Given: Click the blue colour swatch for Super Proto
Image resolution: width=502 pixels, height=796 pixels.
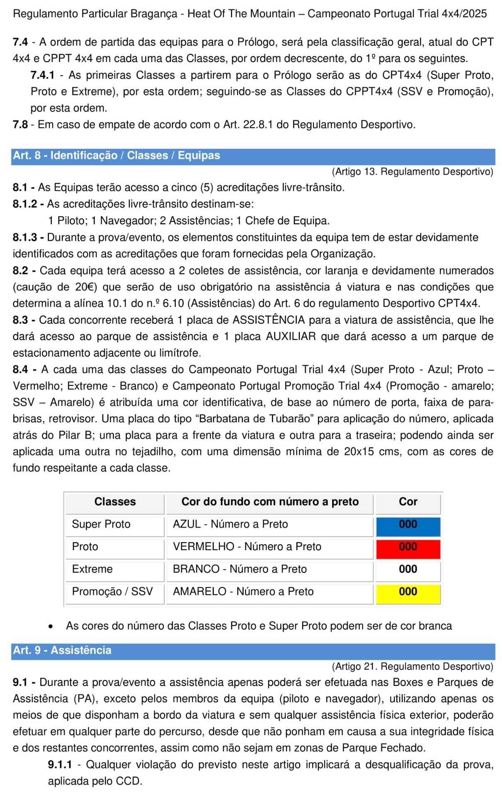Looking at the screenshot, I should [x=408, y=527].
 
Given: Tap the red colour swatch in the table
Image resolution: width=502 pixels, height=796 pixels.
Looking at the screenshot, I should [x=408, y=549].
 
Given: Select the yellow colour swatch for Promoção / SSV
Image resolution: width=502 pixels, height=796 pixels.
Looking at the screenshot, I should [x=408, y=594].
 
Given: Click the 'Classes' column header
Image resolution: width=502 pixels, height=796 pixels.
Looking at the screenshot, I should [x=115, y=502].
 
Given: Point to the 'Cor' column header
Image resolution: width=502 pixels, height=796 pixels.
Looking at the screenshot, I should [x=408, y=502].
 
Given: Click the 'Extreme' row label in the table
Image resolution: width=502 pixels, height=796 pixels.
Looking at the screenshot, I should [x=92, y=569].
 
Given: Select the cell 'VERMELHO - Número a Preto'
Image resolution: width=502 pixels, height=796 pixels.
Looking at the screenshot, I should [x=247, y=546].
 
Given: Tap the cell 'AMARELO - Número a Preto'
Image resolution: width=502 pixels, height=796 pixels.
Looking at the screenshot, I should [x=243, y=591].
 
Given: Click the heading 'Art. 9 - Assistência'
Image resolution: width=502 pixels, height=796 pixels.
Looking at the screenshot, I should [x=62, y=650].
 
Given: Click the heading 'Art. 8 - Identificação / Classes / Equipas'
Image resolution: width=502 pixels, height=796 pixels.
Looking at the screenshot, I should [x=116, y=155].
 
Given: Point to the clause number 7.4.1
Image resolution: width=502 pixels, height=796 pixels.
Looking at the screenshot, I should [x=42, y=75].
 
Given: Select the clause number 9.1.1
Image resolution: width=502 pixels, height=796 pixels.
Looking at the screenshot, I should [x=60, y=764].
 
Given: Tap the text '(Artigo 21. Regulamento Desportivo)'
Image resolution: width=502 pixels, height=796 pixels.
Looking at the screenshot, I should [x=412, y=666].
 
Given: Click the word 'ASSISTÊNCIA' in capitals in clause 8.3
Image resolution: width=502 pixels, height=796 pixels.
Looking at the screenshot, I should [x=269, y=320].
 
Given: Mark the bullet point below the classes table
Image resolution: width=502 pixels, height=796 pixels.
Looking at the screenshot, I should [x=51, y=626].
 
